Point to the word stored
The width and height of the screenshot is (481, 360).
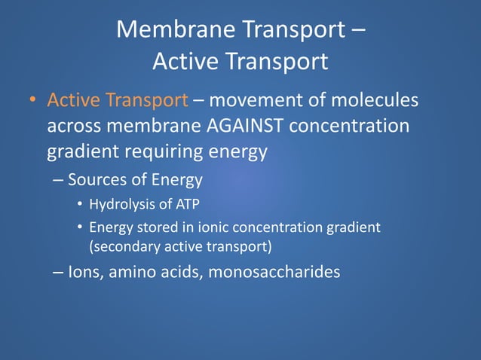click(167, 227)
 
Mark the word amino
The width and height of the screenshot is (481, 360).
click(133, 271)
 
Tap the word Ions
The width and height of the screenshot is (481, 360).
click(84, 271)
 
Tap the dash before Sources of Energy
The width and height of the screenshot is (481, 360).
click(59, 180)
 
